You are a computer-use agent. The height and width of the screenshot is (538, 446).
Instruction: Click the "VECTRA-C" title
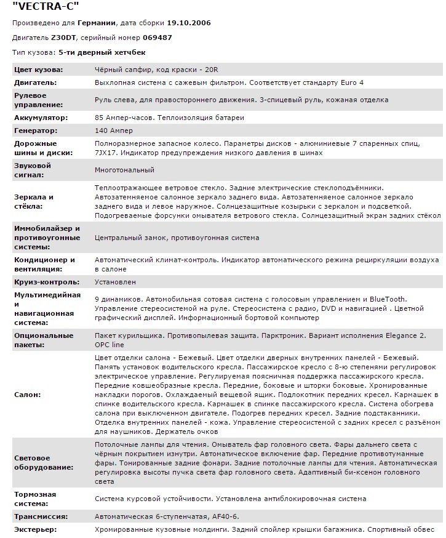(46, 7)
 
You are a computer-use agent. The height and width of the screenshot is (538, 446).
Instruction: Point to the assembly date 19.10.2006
(189, 23)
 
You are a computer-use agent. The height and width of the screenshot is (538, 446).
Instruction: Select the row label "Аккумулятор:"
(41, 118)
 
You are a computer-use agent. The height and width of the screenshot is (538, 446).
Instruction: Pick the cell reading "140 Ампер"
(114, 130)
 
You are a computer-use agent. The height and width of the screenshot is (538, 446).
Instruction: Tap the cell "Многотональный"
(124, 170)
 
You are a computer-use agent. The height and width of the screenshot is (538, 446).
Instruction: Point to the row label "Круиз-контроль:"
(47, 282)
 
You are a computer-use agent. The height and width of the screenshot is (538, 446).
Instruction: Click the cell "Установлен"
(114, 282)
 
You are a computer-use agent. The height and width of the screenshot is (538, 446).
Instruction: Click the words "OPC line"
(110, 345)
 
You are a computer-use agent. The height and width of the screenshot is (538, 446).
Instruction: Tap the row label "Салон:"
(28, 394)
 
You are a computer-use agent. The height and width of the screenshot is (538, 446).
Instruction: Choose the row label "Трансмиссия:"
(41, 516)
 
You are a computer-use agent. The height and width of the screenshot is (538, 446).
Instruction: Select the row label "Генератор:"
(36, 130)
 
